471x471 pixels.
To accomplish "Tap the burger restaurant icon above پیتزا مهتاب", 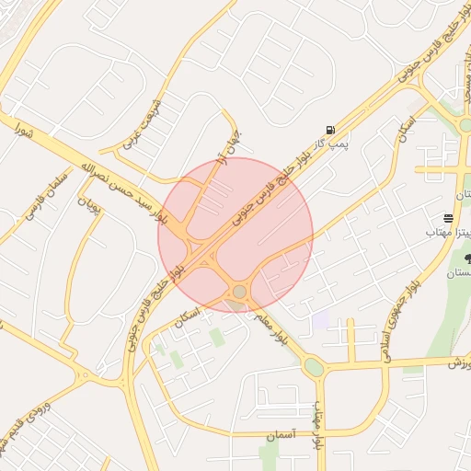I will point(448,218).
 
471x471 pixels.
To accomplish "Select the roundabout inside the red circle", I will point(239,292).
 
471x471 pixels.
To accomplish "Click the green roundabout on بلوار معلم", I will point(315,367).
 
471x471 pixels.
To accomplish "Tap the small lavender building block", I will point(319,321).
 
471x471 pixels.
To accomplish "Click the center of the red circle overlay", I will point(235,235).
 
